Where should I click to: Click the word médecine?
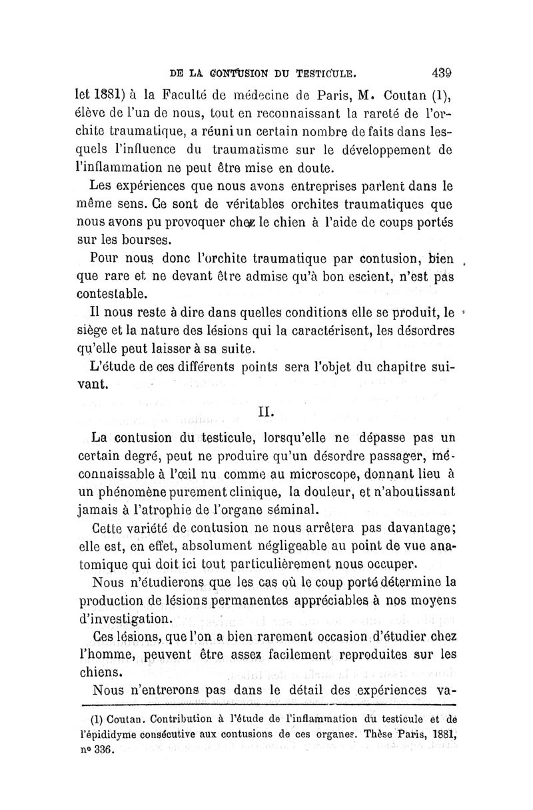tap(270, 94)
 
